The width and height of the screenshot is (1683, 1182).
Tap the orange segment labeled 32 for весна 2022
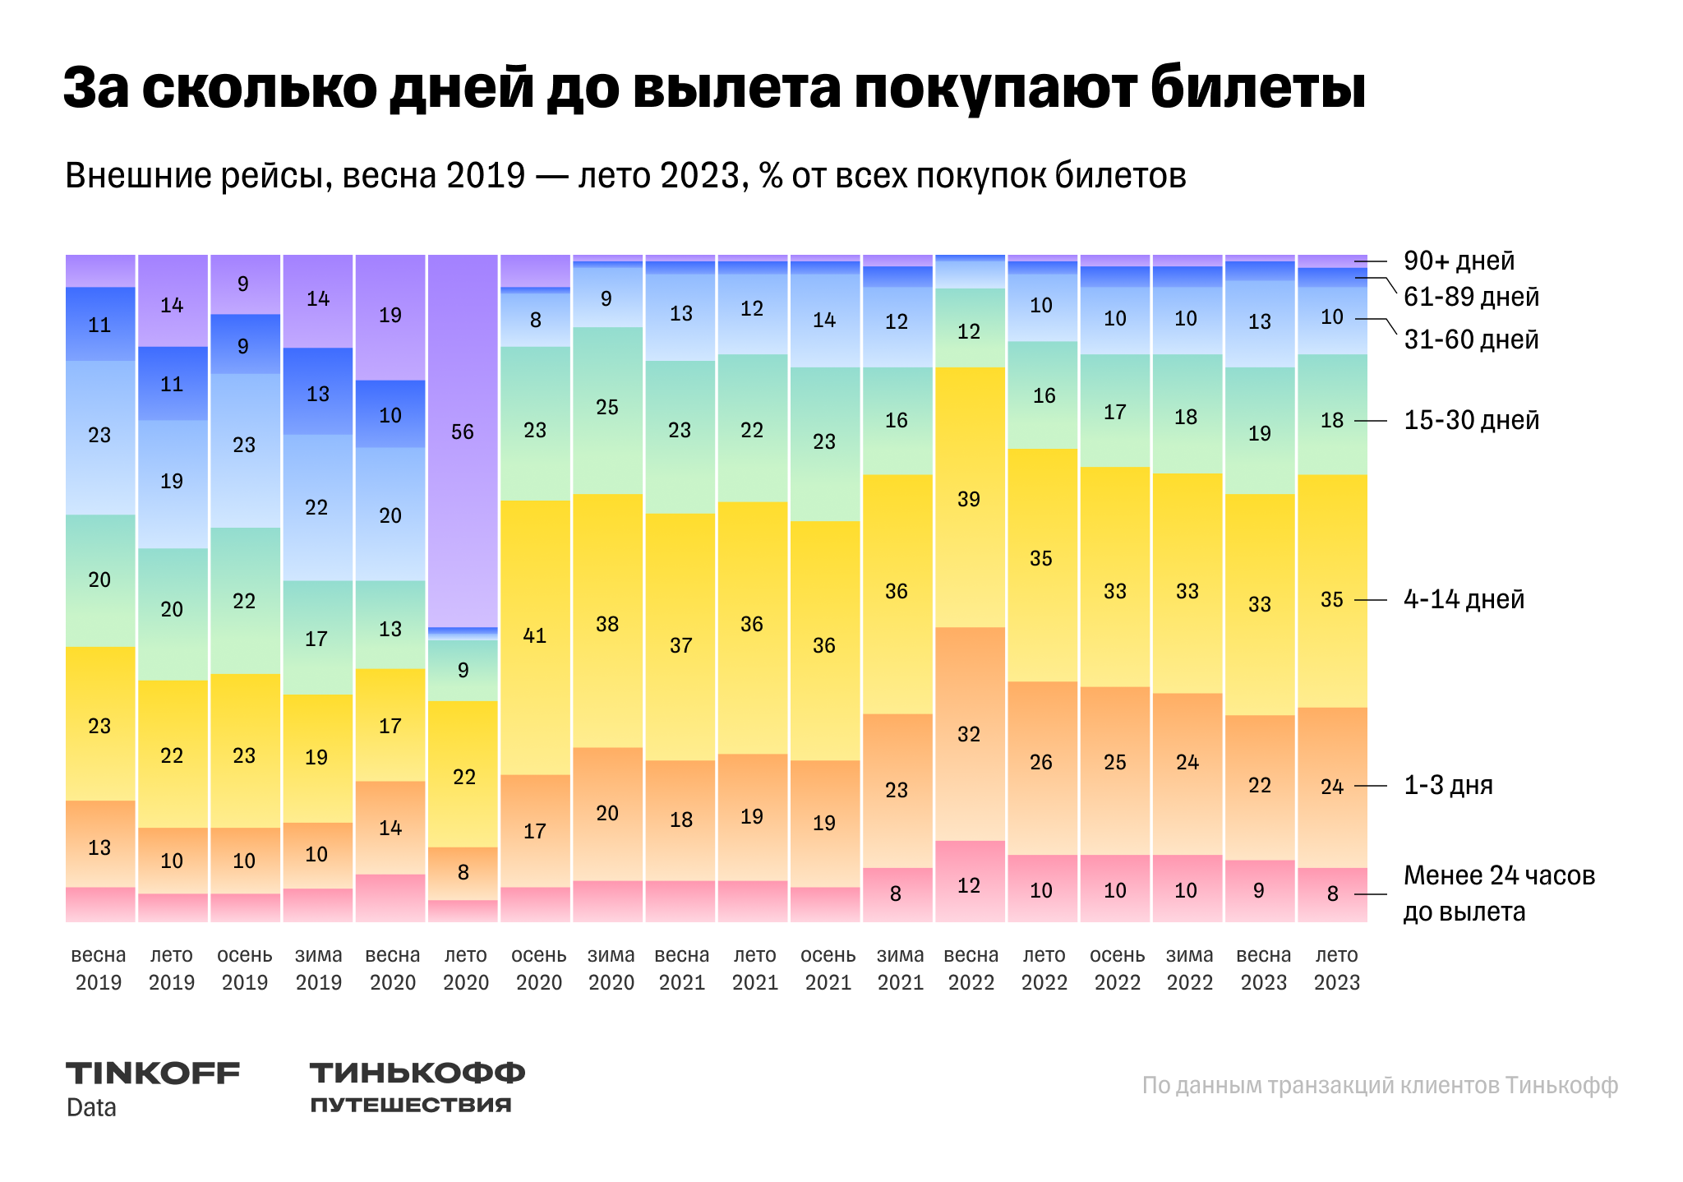click(970, 733)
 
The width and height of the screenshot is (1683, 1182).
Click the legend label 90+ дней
click(1459, 261)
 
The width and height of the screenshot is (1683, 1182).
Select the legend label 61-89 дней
click(1471, 297)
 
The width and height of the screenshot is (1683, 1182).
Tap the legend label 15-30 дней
click(1471, 420)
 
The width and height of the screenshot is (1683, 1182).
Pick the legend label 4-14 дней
click(1464, 599)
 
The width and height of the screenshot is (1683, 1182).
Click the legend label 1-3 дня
click(1448, 785)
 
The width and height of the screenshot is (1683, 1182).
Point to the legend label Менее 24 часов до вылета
click(1498, 893)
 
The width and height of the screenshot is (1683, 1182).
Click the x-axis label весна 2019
click(99, 968)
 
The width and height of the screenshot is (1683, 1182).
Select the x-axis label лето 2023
click(1336, 968)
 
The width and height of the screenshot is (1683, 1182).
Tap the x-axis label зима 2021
click(901, 968)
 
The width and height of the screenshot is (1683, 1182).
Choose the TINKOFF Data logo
click(153, 1088)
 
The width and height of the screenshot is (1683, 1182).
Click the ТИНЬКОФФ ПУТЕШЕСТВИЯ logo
click(417, 1087)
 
